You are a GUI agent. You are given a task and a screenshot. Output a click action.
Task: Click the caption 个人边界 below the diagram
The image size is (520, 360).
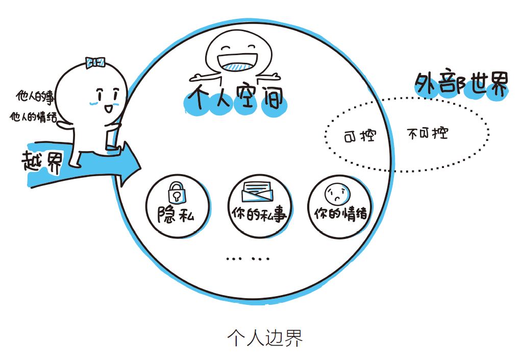265,338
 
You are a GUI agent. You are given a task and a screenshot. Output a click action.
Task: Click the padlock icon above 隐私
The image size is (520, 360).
176,191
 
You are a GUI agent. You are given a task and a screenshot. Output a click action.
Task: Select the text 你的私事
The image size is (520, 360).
259,213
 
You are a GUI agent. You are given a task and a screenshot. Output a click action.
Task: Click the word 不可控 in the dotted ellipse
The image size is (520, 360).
428,134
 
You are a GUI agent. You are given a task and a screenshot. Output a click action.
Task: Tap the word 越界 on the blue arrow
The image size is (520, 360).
42,162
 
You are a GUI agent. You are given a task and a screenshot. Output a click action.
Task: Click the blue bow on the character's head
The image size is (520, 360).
95,62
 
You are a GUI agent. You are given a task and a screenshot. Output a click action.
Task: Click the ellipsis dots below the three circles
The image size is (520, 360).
248,258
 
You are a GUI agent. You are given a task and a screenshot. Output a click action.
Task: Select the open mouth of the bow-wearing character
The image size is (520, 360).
108,108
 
